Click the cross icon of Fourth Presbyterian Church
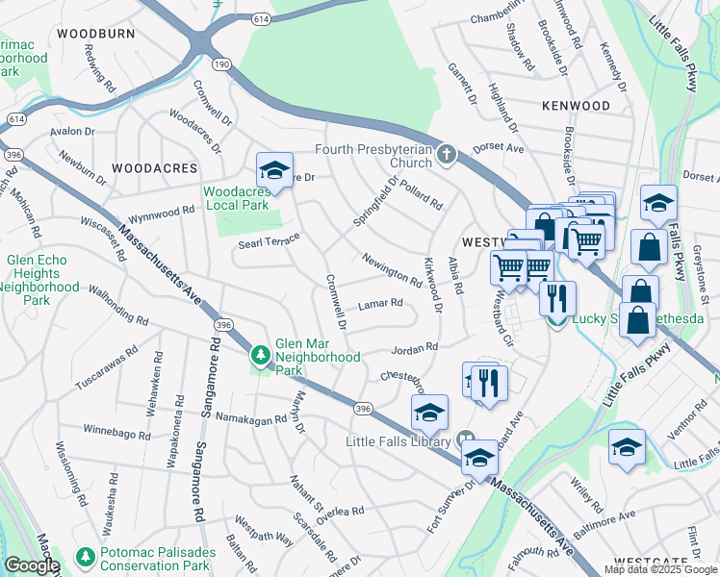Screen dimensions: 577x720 click(x=446, y=155)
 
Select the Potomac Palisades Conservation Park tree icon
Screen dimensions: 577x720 click(x=86, y=557)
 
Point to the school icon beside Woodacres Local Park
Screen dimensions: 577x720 click(x=274, y=172)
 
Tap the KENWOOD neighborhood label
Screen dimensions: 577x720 click(x=576, y=105)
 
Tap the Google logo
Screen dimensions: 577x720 click(x=31, y=565)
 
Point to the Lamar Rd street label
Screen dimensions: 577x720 click(x=379, y=304)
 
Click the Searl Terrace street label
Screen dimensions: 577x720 click(x=270, y=242)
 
